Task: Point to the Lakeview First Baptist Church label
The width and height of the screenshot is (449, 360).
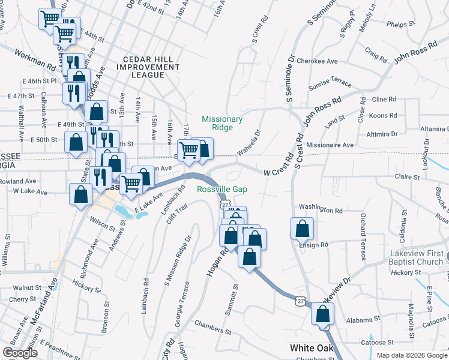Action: (x=411, y=257)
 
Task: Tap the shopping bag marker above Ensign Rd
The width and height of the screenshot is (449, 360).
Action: (x=302, y=229)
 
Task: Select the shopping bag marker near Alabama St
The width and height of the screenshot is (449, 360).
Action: (x=323, y=314)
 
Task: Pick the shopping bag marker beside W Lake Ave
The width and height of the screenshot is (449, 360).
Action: (x=81, y=195)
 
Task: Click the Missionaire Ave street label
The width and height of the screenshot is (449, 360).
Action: (x=330, y=145)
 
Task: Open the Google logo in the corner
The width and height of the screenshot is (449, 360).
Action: (x=20, y=353)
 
